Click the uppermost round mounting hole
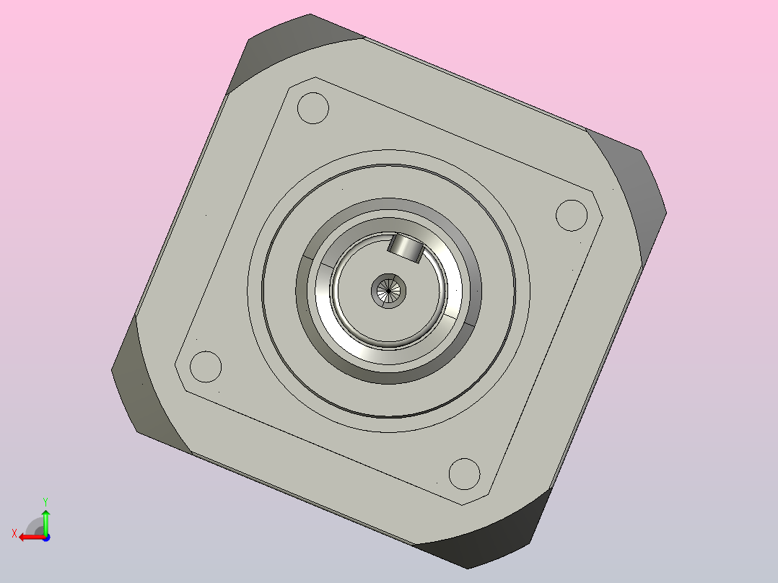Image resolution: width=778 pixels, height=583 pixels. coord(313,108)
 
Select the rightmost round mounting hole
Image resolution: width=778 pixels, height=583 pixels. coord(572,215)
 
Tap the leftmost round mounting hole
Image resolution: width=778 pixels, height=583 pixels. coord(206,367)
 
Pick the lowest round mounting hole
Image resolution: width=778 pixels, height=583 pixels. coord(465,474)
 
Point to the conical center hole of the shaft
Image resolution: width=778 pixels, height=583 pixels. coord(388,291)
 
